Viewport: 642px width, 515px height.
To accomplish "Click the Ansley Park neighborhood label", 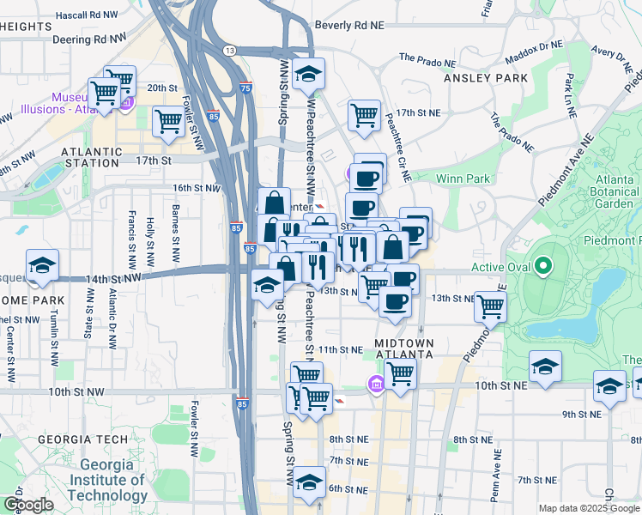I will click(485, 78).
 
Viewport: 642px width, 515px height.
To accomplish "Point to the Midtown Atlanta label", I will click(404, 350).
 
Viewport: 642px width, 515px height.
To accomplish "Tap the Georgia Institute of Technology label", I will click(108, 480).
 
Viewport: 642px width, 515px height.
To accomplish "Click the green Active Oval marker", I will click(542, 266).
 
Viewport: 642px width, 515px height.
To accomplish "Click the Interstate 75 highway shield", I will click(246, 88).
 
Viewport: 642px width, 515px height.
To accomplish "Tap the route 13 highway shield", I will click(229, 51).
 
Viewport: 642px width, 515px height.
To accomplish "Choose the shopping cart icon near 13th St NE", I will click(490, 305).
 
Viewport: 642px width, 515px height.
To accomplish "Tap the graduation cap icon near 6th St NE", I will click(309, 482).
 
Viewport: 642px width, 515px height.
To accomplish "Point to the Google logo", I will click(28, 504).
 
